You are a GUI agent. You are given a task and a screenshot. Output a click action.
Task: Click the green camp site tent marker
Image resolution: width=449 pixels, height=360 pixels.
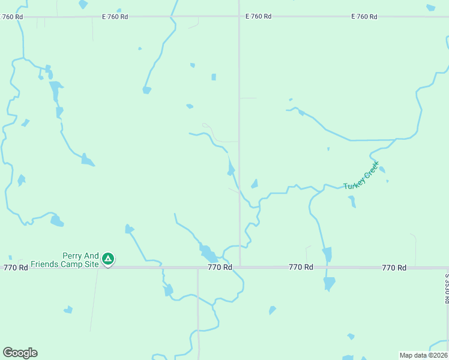coord(108,259)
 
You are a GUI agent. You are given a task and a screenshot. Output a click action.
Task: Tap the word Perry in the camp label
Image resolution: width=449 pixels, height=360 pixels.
coord(72,256)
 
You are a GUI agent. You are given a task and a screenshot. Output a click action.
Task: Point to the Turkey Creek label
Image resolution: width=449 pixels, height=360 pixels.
coord(361,176)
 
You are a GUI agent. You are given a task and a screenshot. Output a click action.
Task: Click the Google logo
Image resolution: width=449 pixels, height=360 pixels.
coord(20,353)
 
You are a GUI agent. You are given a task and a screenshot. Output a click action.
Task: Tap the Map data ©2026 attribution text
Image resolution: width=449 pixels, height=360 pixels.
coord(423,355)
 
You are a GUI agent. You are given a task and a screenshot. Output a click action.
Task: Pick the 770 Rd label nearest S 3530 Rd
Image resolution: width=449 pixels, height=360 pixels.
coord(394,268)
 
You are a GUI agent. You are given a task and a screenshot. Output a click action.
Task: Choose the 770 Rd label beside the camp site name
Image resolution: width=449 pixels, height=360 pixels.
coord(16,268)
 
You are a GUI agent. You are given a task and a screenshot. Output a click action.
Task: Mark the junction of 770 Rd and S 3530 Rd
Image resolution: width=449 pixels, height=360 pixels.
coord(447,268)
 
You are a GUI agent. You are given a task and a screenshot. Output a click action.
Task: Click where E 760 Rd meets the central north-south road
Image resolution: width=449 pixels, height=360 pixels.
coord(239,17)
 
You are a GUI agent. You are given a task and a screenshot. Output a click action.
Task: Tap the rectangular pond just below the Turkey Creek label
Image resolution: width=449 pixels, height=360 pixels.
coord(352,202)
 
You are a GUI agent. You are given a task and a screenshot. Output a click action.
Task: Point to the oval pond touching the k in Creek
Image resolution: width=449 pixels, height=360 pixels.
coord(382,169)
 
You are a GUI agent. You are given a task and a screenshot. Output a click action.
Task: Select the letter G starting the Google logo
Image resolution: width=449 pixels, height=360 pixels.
coord(8,353)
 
